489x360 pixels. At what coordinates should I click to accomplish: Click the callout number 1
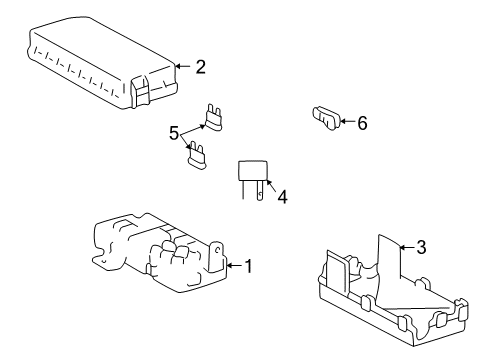(x=248, y=266)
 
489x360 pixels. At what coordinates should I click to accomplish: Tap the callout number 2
(x=200, y=67)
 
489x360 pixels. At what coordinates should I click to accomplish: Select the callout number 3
(x=421, y=247)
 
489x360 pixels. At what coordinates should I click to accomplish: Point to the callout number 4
(x=282, y=198)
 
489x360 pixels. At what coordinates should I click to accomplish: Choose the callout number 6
(x=362, y=123)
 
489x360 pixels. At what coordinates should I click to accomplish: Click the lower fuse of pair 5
(x=197, y=156)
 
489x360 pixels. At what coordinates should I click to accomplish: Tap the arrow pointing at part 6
(x=345, y=123)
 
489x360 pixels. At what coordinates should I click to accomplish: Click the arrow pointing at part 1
(x=231, y=266)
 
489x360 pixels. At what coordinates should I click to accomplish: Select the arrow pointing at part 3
(x=404, y=247)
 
